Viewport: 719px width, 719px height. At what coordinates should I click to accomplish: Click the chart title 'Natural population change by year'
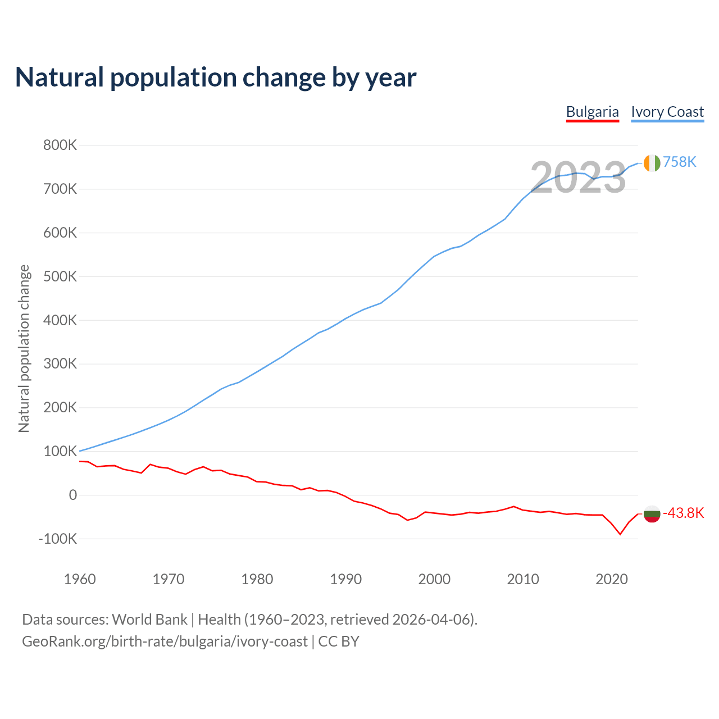pyautogui.click(x=216, y=78)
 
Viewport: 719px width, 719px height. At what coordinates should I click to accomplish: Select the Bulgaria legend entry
pyautogui.click(x=592, y=112)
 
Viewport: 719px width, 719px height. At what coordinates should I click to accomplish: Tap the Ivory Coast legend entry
pyautogui.click(x=667, y=112)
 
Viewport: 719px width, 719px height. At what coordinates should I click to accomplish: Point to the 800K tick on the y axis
pyautogui.click(x=60, y=145)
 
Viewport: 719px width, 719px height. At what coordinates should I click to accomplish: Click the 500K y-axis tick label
pyautogui.click(x=60, y=276)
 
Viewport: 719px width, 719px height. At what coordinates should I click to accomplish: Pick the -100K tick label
pyautogui.click(x=58, y=539)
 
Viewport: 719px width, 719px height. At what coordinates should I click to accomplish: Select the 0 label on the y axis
pyautogui.click(x=72, y=495)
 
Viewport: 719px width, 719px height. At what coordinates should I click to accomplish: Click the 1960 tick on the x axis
pyautogui.click(x=80, y=579)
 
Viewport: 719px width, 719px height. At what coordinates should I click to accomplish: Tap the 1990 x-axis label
pyautogui.click(x=345, y=579)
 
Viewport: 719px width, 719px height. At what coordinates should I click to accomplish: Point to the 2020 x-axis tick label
pyautogui.click(x=611, y=579)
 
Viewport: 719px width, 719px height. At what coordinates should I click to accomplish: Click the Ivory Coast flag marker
pyautogui.click(x=652, y=163)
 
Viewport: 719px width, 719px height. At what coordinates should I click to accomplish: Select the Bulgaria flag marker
pyautogui.click(x=652, y=513)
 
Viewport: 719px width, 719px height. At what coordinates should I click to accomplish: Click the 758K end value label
pyautogui.click(x=680, y=162)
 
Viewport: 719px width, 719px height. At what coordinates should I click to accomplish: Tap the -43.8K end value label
pyautogui.click(x=684, y=513)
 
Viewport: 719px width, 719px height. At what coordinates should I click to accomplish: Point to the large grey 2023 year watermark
pyautogui.click(x=578, y=178)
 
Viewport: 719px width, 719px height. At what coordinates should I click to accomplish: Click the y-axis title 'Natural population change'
pyautogui.click(x=24, y=348)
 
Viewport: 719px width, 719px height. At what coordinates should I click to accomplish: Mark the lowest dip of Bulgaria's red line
pyautogui.click(x=620, y=534)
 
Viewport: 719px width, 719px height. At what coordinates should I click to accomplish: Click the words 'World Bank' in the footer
pyautogui.click(x=149, y=620)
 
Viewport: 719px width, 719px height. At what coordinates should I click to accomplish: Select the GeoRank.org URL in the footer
pyautogui.click(x=165, y=641)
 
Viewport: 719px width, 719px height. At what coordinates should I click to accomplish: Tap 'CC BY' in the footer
pyautogui.click(x=339, y=641)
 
